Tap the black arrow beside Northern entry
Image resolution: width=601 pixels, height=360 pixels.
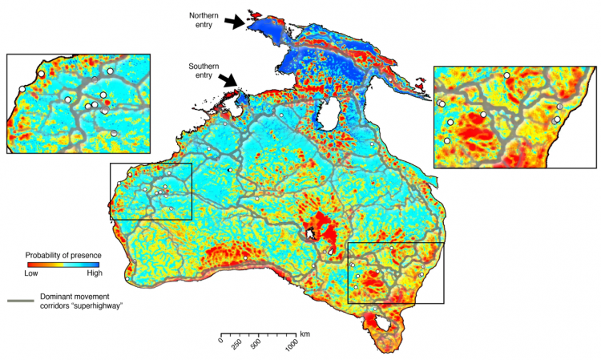[x=236, y=23]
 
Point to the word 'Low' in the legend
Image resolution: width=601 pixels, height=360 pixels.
[x=32, y=273]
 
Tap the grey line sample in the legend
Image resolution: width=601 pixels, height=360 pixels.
[x=21, y=301]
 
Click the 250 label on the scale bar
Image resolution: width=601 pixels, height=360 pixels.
[x=237, y=343]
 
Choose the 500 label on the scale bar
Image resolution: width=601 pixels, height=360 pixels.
[x=256, y=343]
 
